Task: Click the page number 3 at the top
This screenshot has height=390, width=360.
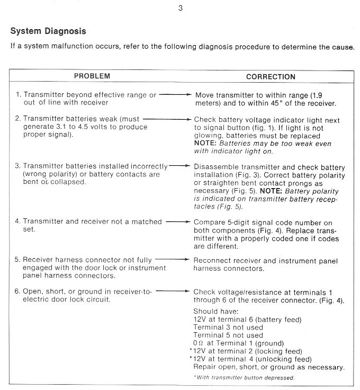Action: [181, 7]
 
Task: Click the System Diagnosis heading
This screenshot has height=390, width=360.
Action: [48, 31]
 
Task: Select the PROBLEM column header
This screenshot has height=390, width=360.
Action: [92, 76]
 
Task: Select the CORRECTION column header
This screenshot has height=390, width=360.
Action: [271, 77]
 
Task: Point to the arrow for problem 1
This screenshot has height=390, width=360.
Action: [174, 95]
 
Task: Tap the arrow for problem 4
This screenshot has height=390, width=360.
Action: [177, 222]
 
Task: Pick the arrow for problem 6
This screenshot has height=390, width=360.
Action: [173, 291]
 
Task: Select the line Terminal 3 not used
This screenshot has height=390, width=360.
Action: [228, 327]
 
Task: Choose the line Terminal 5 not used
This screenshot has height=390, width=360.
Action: [228, 335]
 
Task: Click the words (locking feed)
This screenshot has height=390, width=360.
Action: [278, 351]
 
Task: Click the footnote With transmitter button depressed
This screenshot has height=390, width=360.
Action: [245, 378]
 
